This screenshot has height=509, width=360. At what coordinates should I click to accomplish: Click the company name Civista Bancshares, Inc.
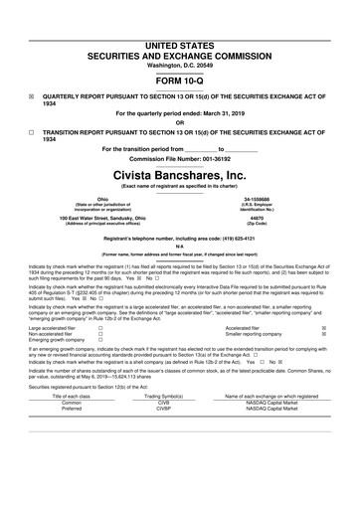click(x=180, y=173)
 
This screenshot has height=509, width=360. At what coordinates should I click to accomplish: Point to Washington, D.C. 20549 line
click(x=180, y=36)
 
